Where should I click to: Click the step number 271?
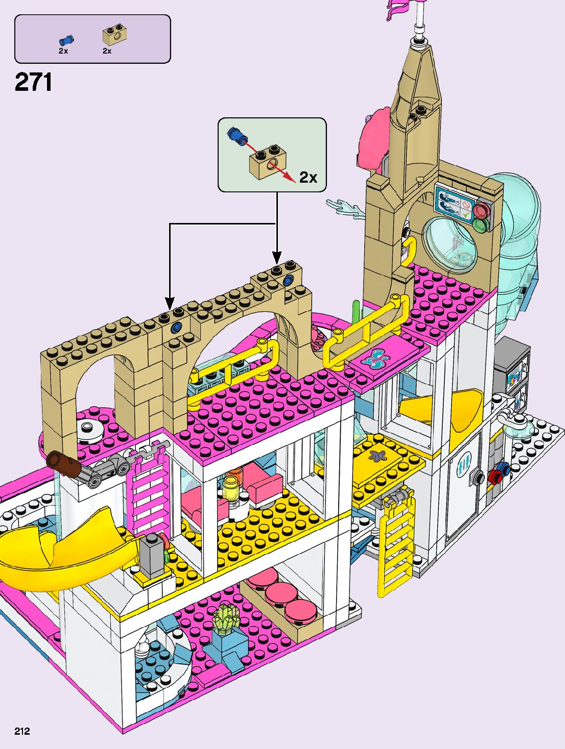(33, 82)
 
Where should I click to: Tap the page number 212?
(22, 731)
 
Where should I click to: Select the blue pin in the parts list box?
(66, 40)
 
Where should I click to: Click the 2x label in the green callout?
(308, 177)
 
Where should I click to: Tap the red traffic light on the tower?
(482, 210)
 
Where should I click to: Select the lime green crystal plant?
(227, 618)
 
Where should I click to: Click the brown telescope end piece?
(62, 463)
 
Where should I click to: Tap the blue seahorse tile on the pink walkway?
(377, 358)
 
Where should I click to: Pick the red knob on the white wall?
(495, 477)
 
